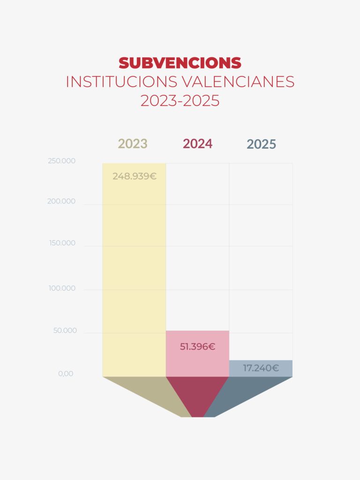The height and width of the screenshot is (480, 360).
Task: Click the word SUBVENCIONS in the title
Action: click(x=180, y=63)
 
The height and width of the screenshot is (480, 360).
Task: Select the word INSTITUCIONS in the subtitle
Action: click(x=121, y=82)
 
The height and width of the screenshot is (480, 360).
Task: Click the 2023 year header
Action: click(x=133, y=143)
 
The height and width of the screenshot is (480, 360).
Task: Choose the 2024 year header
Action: click(x=197, y=143)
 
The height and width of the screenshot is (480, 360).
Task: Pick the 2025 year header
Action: click(x=261, y=144)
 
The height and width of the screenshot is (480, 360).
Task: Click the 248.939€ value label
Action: click(x=134, y=177)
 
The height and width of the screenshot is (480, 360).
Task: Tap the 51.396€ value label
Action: click(x=197, y=347)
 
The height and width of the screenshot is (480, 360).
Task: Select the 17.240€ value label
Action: click(x=261, y=368)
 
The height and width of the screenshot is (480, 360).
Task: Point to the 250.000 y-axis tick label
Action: click(x=61, y=161)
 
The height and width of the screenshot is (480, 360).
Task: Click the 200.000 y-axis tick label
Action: click(x=61, y=202)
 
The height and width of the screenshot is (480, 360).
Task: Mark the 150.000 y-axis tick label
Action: click(x=62, y=243)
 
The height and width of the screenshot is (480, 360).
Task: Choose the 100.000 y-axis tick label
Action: click(x=62, y=288)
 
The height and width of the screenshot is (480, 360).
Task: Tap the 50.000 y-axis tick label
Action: click(x=65, y=330)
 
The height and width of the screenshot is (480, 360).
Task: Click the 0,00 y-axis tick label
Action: click(x=66, y=374)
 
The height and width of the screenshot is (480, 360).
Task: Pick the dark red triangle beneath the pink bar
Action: click(x=197, y=394)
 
